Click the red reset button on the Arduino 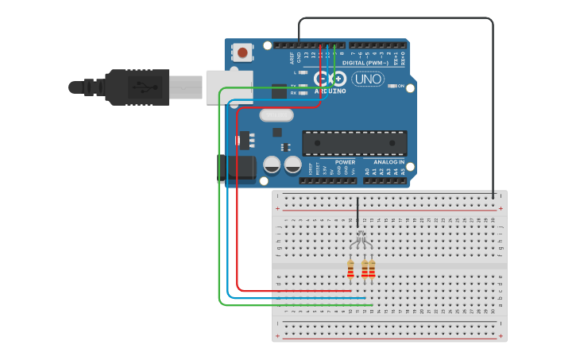pos(242,52)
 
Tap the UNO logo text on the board pos(367,79)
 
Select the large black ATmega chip pos(354,143)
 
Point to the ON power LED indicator pos(391,86)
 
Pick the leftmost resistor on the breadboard pos(350,270)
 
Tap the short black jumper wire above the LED pos(358,211)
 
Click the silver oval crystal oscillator pos(276,115)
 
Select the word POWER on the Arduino pos(345,162)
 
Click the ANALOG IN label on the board pos(389,162)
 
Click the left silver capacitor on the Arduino pos(272,165)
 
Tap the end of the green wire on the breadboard pos(371,304)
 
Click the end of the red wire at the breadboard pos(350,291)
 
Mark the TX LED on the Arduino pos(303,85)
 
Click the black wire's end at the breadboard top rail pos(493,196)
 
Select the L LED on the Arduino pos(303,72)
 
